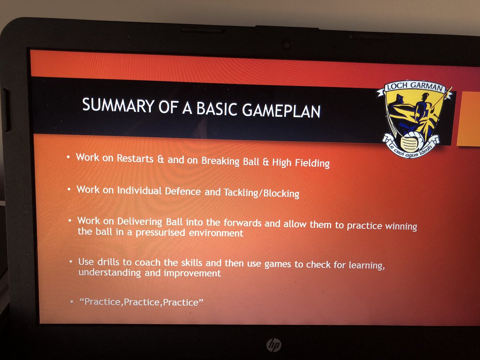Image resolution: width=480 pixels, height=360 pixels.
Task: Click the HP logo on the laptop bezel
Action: coord(273,344)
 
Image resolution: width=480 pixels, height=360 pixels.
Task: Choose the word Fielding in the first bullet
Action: coord(310,163)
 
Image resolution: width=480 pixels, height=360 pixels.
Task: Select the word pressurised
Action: coord(159,233)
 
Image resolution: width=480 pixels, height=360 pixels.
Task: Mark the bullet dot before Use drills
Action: coord(70,261)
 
